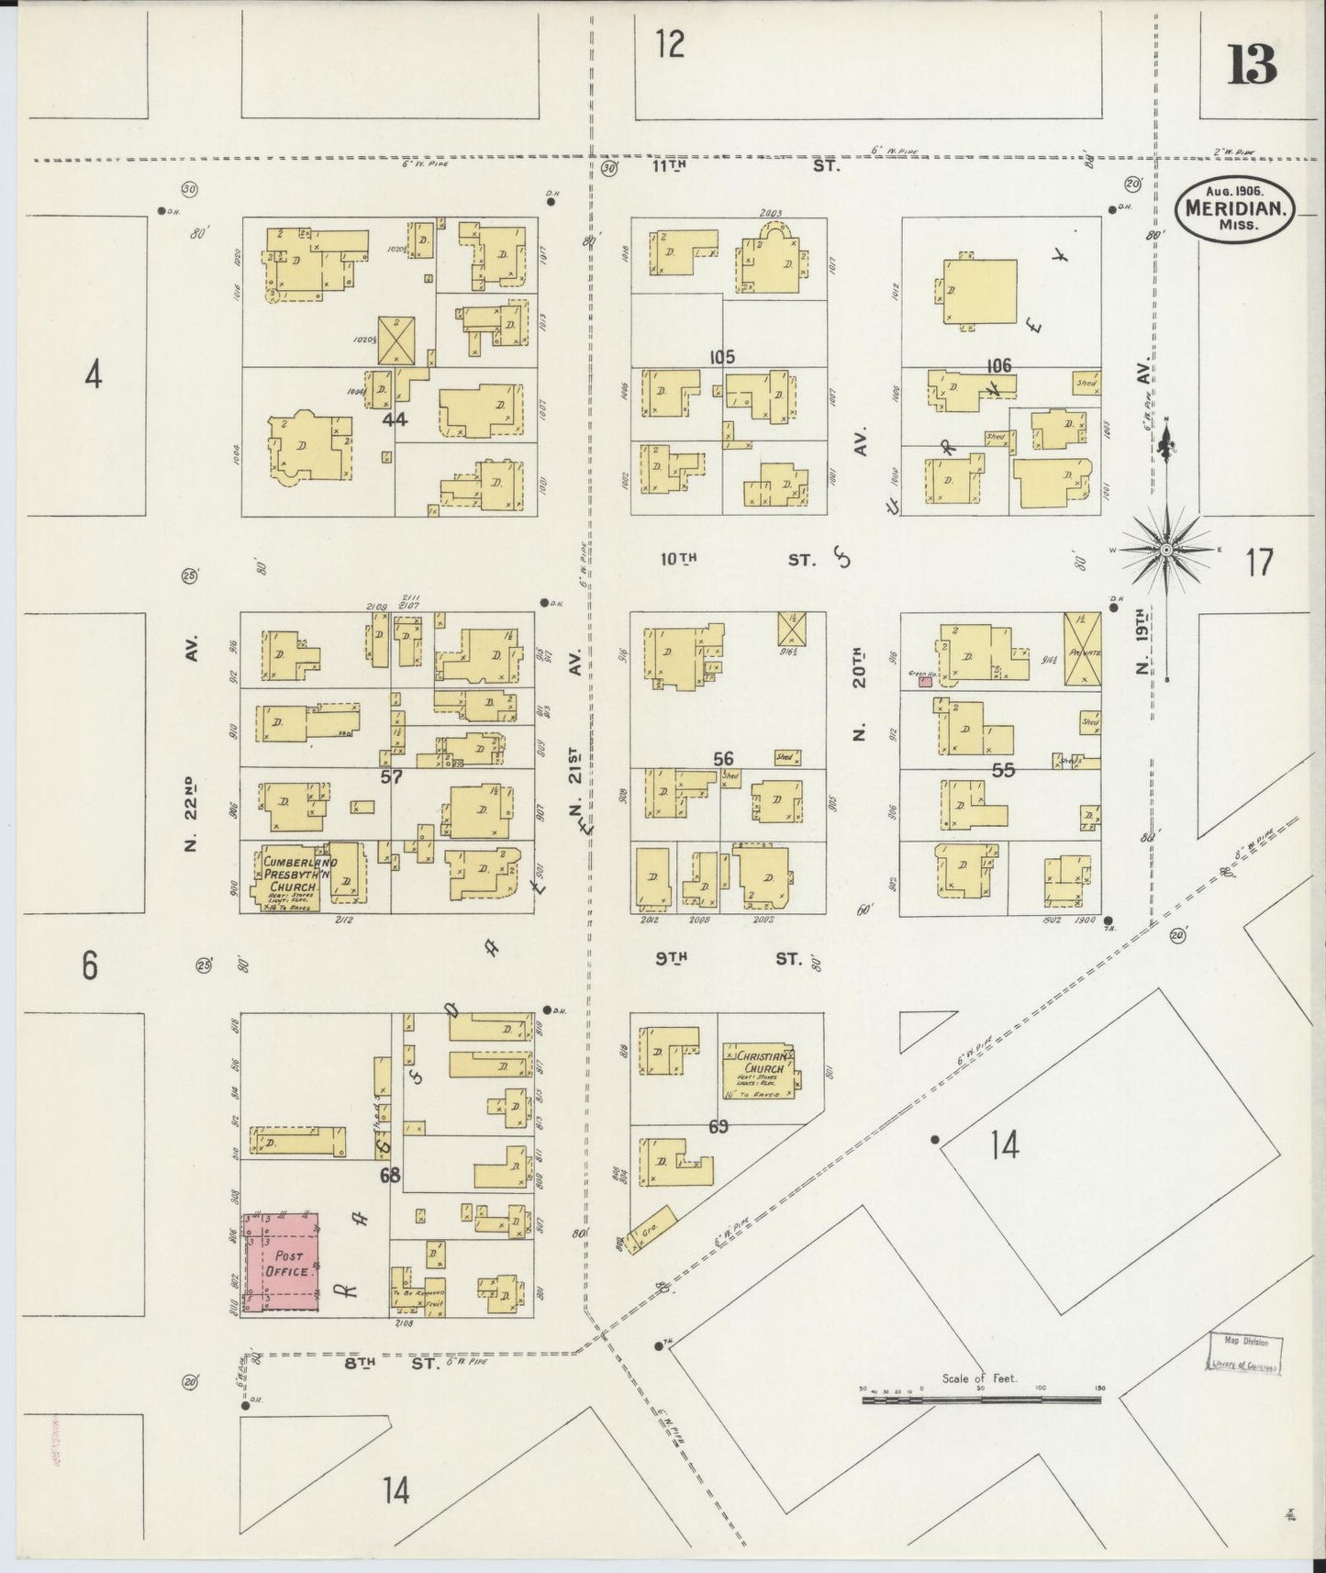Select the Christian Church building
point(758,1070)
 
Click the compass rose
point(1165,549)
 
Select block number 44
point(395,420)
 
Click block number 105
point(721,356)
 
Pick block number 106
point(998,366)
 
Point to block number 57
point(392,776)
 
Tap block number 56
point(723,758)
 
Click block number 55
point(1003,770)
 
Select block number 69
point(718,1126)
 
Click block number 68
point(390,1174)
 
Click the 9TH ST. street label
point(729,959)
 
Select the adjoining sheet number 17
point(1259,562)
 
